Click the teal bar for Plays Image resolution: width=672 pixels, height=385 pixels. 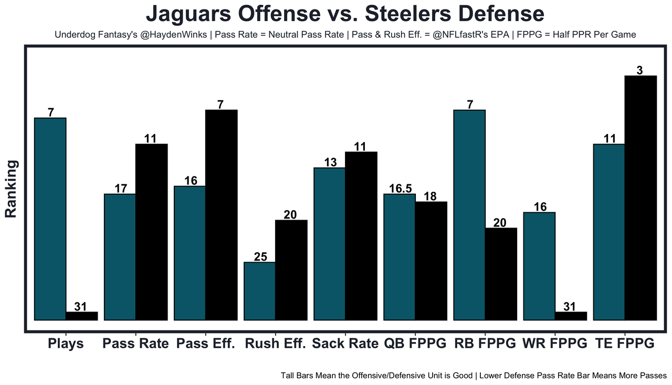(50, 218)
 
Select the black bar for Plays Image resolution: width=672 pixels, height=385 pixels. (82, 316)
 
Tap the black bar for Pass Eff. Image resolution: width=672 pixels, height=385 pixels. (221, 214)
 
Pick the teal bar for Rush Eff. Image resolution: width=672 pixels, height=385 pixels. (260, 290)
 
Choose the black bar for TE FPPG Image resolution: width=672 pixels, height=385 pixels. (640, 197)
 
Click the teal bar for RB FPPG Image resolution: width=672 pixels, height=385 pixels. (469, 214)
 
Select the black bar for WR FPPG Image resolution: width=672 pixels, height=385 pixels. (571, 316)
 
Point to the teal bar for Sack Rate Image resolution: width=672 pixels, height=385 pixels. (330, 244)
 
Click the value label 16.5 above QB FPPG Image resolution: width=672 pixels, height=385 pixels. (400, 189)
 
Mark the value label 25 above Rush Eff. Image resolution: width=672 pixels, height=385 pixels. (260, 257)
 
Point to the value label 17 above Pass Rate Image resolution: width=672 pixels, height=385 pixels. (121, 189)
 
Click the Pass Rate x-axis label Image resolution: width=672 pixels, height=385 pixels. (136, 344)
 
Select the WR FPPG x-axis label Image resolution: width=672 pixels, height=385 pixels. (555, 344)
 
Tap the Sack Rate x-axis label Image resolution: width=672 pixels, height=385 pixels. (345, 344)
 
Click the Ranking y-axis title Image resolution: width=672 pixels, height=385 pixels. (12, 189)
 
